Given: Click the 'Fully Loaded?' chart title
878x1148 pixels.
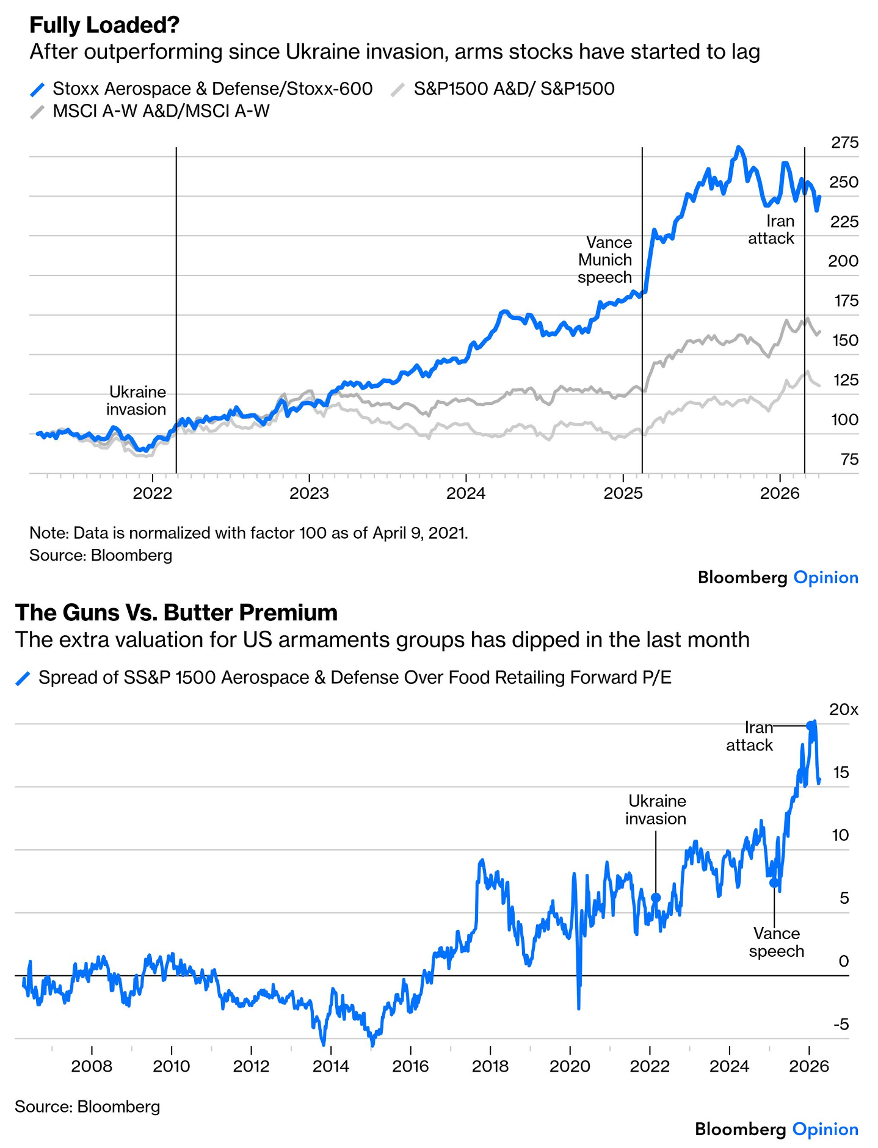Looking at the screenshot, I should tap(104, 25).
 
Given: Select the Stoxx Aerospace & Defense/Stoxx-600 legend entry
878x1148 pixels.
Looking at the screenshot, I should tap(201, 89).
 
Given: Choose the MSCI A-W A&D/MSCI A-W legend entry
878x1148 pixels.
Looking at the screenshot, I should tap(150, 111).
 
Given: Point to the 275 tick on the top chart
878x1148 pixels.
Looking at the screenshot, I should tap(844, 143).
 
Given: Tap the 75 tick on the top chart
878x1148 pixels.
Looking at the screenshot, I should tap(849, 459).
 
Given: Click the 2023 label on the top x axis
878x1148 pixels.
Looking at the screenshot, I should tap(309, 493).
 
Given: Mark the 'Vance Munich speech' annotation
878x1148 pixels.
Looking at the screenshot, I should tap(605, 260).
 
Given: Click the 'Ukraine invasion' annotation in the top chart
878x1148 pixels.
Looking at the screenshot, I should tap(137, 401).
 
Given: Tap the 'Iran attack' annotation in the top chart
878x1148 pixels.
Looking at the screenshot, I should tap(772, 230).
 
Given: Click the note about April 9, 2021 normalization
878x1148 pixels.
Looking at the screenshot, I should tap(249, 533).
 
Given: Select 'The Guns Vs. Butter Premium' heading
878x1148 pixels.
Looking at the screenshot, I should tap(176, 612).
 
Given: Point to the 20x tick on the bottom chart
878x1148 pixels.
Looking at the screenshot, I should tap(843, 710).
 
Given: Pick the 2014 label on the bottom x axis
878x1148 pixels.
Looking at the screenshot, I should tap(330, 1067).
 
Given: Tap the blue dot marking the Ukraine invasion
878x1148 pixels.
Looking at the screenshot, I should tap(656, 898).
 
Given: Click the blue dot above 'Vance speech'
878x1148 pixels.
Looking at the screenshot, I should tap(774, 882).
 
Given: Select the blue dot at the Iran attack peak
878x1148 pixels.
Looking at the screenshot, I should tap(810, 725).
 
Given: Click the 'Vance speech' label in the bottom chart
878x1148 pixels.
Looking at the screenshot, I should tap(776, 942).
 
